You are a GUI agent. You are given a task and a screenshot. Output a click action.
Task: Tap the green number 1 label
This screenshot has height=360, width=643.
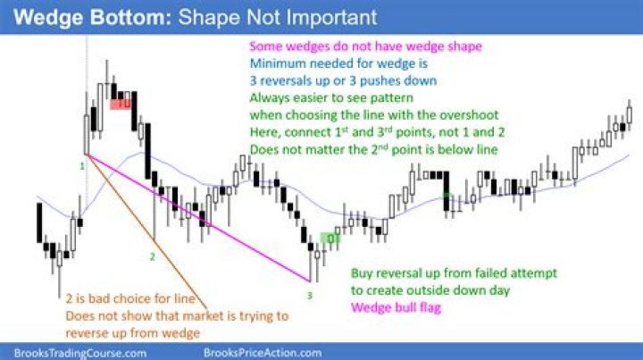82,166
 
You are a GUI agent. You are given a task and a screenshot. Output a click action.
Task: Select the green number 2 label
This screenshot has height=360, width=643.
152,256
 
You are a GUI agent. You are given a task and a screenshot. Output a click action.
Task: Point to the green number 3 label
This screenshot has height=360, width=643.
309,293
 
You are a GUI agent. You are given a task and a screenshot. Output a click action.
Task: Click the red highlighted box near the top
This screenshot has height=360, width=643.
121,104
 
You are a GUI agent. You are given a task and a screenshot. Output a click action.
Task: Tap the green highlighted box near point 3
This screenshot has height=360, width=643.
330,239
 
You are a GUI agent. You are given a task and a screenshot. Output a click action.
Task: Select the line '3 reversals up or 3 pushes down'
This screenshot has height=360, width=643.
343,81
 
